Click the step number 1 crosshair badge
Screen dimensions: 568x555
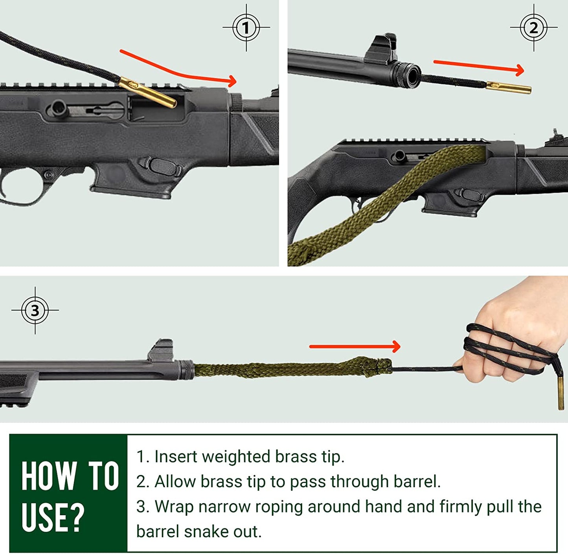click(246, 28)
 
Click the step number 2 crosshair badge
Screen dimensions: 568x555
click(533, 28)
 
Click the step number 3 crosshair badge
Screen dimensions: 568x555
click(35, 310)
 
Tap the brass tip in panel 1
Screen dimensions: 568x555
click(147, 92)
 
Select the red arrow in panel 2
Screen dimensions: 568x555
click(479, 67)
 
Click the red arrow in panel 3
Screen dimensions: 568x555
click(355, 347)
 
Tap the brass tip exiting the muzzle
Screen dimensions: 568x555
click(509, 88)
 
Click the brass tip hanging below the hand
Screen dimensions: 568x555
click(561, 393)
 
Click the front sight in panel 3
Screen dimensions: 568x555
click(160, 350)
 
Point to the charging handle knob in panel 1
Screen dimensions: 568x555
click(57, 108)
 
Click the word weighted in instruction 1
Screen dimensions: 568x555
click(236, 457)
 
